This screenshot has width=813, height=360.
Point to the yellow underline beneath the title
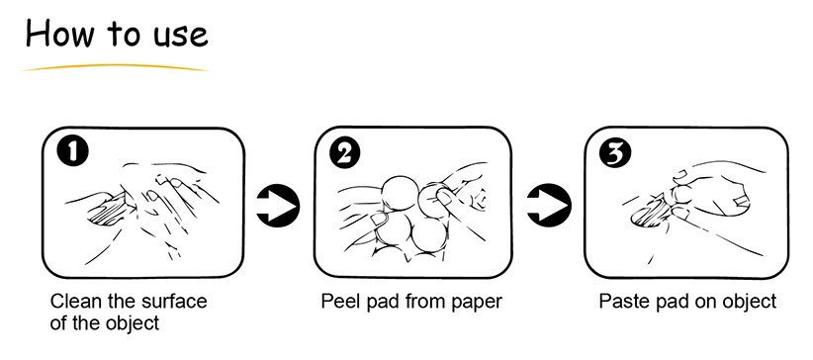click(x=115, y=67)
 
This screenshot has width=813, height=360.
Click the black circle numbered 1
click(x=72, y=151)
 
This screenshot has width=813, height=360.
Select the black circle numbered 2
click(x=345, y=152)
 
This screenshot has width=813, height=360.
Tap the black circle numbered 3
click(x=615, y=153)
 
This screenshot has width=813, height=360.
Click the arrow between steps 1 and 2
click(x=278, y=206)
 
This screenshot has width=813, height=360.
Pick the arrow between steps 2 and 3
click(x=549, y=205)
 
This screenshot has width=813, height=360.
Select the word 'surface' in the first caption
click(x=179, y=301)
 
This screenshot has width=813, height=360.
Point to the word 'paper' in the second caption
click(x=477, y=304)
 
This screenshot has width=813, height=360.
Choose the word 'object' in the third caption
click(x=750, y=302)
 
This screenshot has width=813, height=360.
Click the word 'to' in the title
click(x=124, y=35)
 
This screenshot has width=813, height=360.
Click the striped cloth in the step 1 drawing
click(x=108, y=211)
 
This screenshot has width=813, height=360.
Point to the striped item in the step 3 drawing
click(x=650, y=213)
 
